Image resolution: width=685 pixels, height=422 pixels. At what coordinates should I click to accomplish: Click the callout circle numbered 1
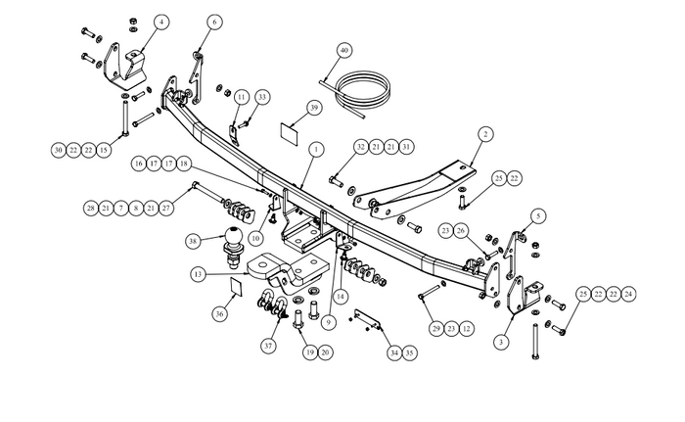[x=316, y=149]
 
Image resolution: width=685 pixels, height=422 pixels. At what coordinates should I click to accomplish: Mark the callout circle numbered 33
[x=262, y=97]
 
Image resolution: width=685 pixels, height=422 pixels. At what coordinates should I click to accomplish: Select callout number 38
[x=194, y=239]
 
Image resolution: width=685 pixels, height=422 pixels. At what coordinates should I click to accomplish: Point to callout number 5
[x=539, y=215]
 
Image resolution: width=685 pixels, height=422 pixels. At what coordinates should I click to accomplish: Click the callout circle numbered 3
[x=500, y=342]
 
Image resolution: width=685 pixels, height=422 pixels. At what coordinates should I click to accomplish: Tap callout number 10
[x=254, y=238]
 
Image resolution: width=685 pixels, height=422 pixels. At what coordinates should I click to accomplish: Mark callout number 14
[x=341, y=295]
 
